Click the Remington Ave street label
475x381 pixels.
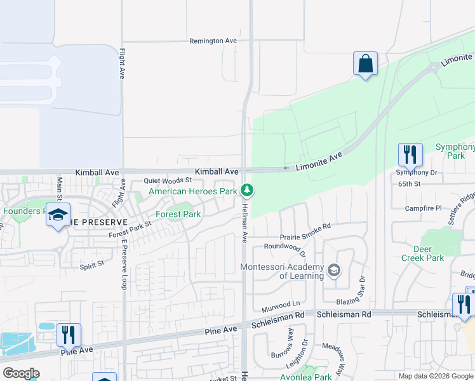pyautogui.click(x=213, y=41)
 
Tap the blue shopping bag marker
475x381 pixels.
pyautogui.click(x=365, y=64)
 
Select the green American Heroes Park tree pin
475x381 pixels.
pyautogui.click(x=248, y=190)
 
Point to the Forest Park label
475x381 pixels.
pyautogui.click(x=179, y=214)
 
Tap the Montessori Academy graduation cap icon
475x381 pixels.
pyautogui.click(x=333, y=272)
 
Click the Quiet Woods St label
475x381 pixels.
pyautogui.click(x=168, y=180)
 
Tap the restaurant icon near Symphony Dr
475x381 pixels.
pyautogui.click(x=410, y=154)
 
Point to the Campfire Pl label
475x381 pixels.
pyautogui.click(x=423, y=208)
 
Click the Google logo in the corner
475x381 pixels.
pyautogui.click(x=21, y=373)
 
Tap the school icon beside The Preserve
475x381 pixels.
pyautogui.click(x=58, y=215)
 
